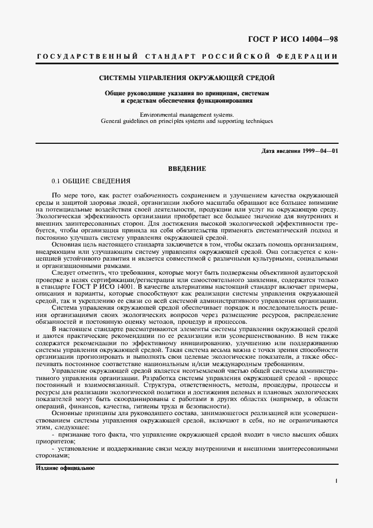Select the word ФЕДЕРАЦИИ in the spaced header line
coord(309,57)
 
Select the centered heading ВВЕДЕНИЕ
coord(187,169)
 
